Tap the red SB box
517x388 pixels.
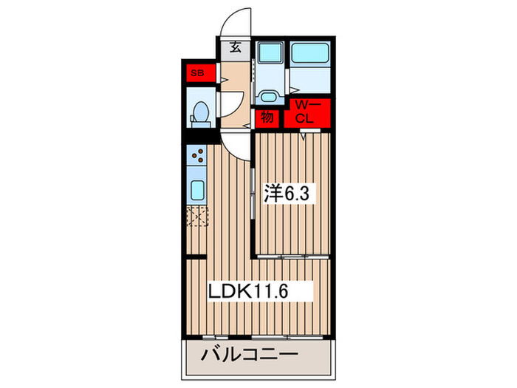pyautogui.click(x=197, y=73)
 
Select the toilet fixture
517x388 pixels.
pyautogui.click(x=199, y=112)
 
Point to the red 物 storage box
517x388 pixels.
pyautogui.click(x=266, y=117)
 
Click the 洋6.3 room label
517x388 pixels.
pyautogui.click(x=290, y=195)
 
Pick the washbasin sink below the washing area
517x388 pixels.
pyautogui.click(x=270, y=97)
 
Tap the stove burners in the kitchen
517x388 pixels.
pyautogui.click(x=197, y=155)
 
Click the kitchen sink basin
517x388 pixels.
pyautogui.click(x=197, y=190)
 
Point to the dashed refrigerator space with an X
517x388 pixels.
pyautogui.click(x=197, y=218)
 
